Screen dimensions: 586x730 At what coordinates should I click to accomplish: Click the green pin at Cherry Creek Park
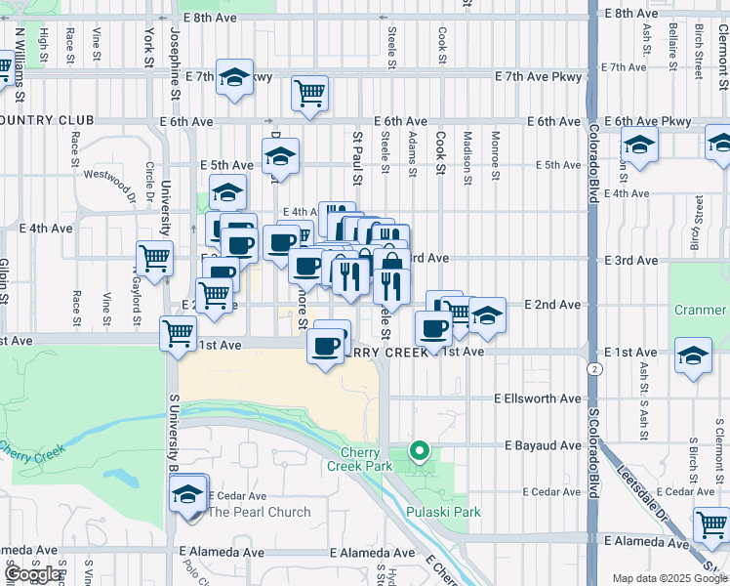pos(420,450)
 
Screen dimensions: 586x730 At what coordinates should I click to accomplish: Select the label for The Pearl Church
pos(260,512)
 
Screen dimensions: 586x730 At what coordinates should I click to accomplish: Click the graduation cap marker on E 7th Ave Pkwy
pos(234,77)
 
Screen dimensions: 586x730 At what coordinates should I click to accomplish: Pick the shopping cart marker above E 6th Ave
pos(309,95)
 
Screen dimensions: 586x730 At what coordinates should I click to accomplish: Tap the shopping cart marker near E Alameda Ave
pos(711,524)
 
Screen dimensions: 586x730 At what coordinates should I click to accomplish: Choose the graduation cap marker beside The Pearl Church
pos(188,494)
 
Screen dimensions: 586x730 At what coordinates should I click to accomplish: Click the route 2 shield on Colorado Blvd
pos(593,370)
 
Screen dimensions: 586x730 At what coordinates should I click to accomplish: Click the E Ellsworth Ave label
pos(538,399)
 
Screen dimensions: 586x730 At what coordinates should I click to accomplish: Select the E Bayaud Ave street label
pos(543,445)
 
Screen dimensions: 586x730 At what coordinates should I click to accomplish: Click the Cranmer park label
pos(701,311)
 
